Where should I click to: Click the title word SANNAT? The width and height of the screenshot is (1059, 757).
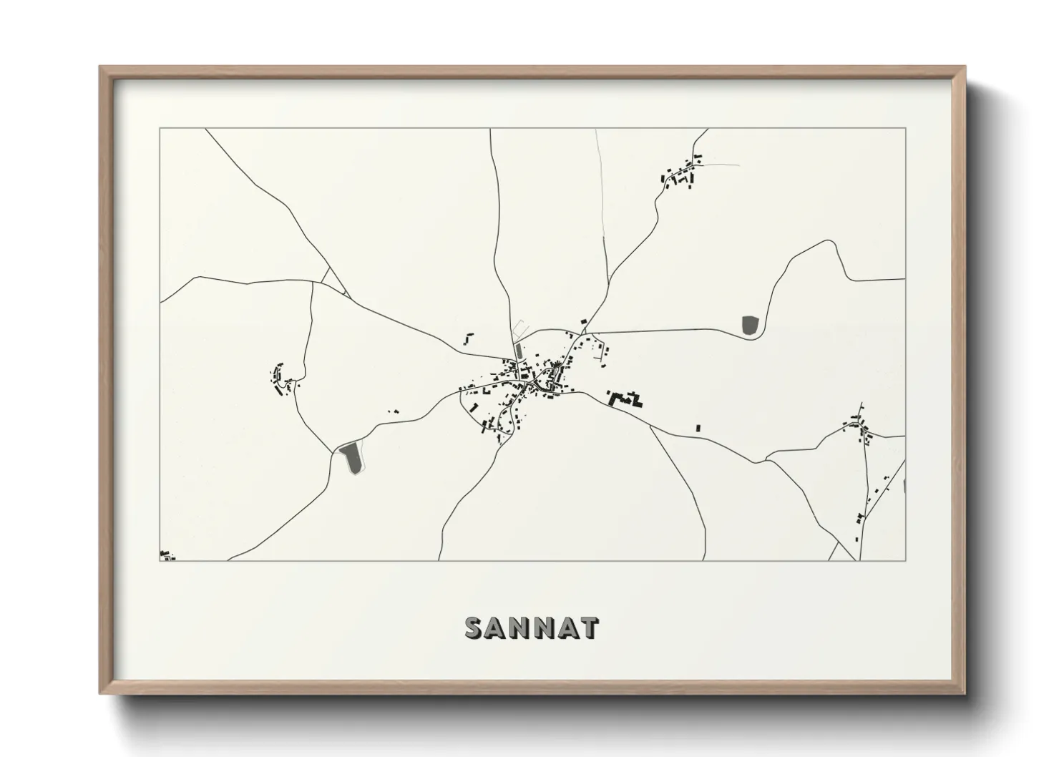(532, 628)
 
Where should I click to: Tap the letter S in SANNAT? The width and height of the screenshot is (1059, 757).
(474, 628)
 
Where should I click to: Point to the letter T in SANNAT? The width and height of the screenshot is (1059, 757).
(590, 628)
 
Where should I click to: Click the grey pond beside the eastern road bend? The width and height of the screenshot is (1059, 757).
(750, 326)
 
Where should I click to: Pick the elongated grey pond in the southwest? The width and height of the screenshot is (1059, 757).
(351, 458)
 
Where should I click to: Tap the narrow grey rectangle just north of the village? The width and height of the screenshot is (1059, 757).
(518, 351)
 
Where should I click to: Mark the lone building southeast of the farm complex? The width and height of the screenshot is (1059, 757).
(698, 429)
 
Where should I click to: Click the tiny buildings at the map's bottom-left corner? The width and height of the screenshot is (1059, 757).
(166, 555)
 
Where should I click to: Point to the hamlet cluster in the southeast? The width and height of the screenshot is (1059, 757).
(858, 429)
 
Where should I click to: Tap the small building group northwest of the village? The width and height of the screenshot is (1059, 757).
(469, 337)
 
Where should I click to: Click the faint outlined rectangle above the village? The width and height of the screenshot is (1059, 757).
(520, 328)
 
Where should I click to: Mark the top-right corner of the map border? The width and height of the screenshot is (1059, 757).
(905, 129)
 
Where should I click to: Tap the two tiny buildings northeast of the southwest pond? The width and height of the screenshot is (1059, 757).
(393, 411)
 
